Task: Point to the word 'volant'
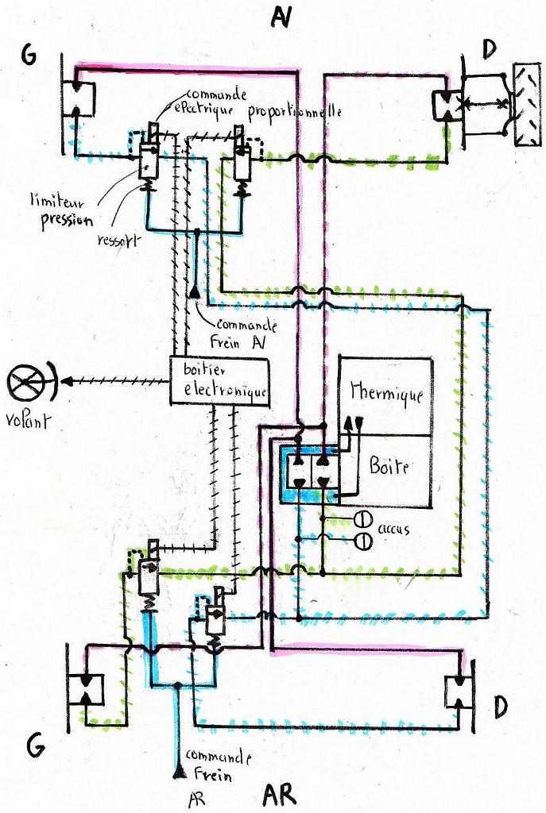click(25, 419)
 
